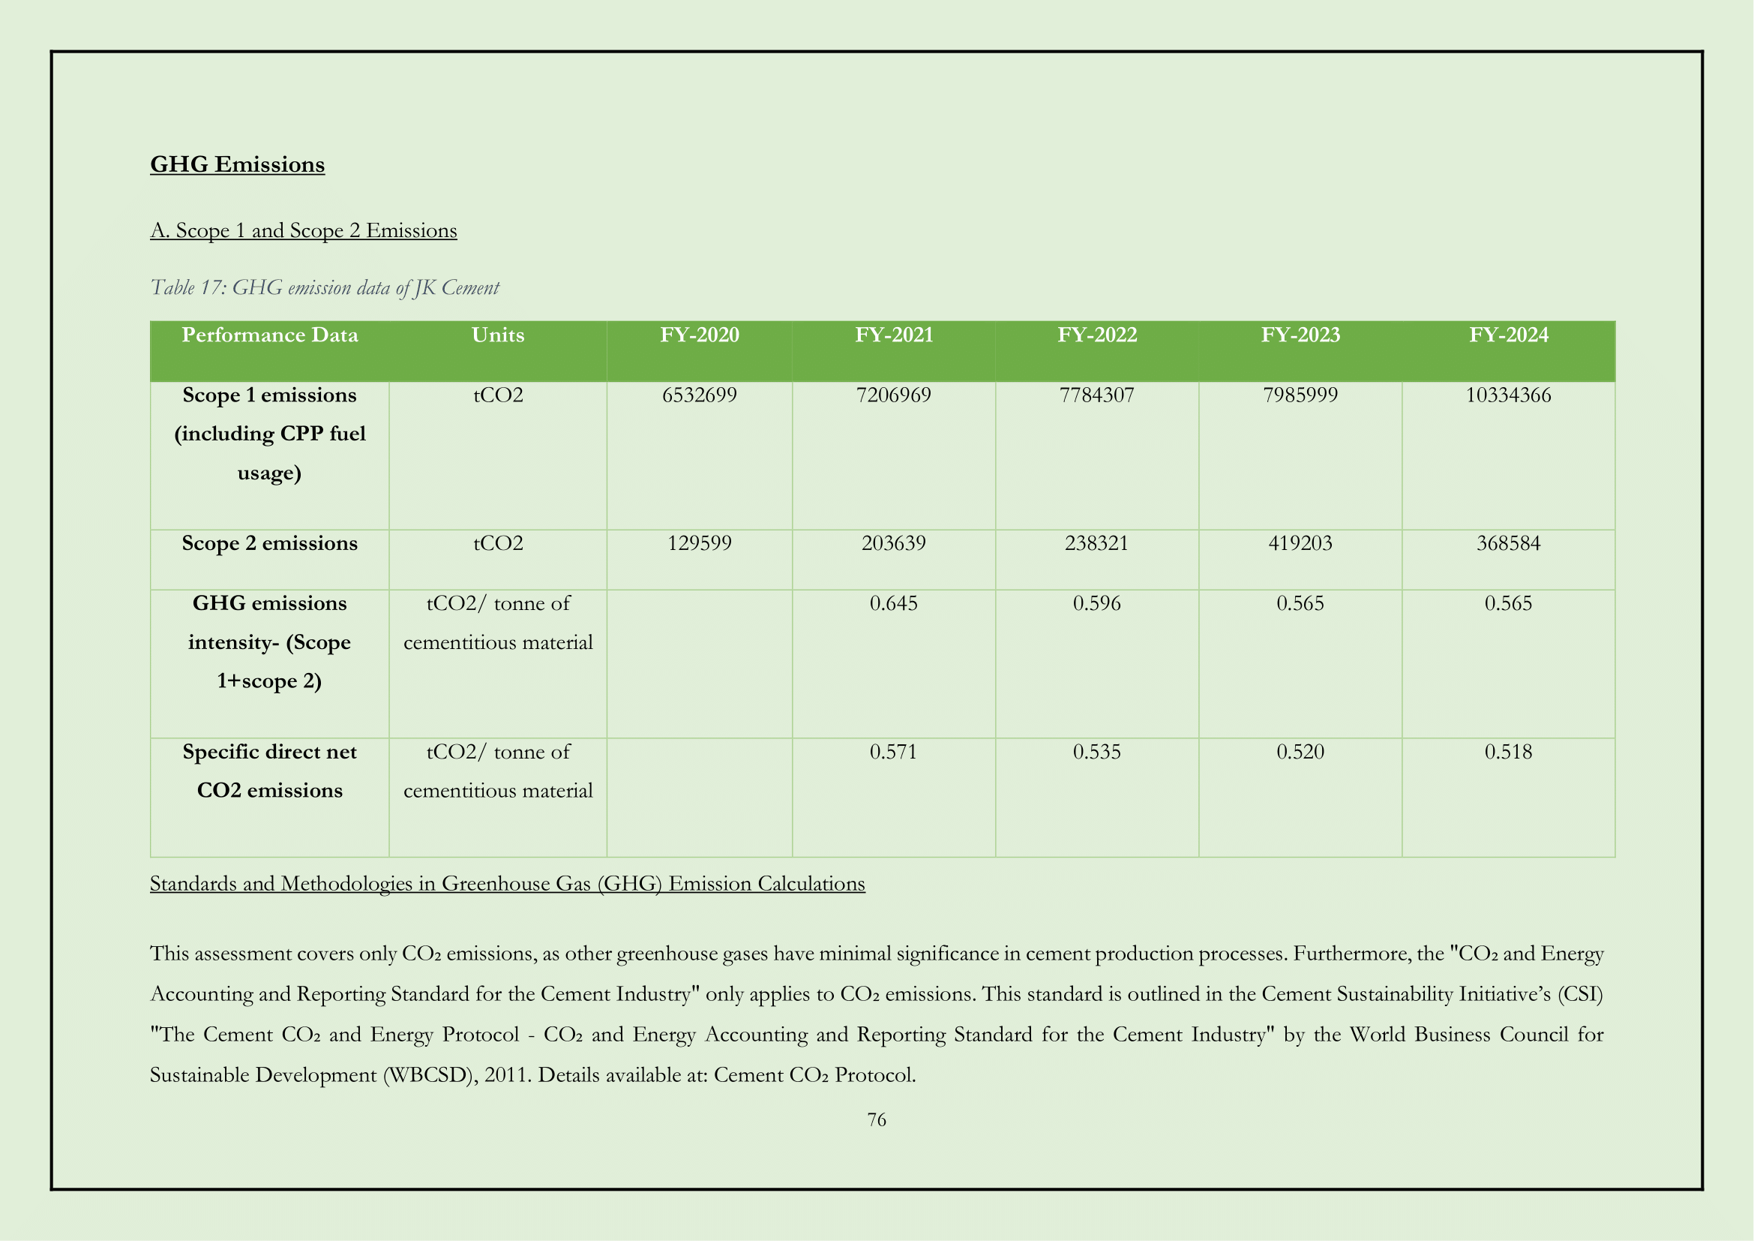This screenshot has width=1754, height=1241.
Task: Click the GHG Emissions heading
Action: click(x=237, y=164)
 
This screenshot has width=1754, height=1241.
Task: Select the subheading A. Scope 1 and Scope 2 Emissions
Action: click(x=303, y=230)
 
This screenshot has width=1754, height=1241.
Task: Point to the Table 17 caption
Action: click(x=325, y=287)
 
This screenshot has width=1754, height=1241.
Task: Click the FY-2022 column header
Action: click(x=1096, y=335)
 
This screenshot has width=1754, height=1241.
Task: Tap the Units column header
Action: click(x=497, y=335)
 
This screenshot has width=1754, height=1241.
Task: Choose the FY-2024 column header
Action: click(x=1508, y=335)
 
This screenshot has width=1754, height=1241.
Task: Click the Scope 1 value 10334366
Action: click(x=1508, y=395)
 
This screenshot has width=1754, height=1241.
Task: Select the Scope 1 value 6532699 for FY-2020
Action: click(x=699, y=395)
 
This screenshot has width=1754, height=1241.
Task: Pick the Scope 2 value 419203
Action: click(x=1300, y=543)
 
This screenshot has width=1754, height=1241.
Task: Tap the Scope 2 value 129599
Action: click(x=699, y=543)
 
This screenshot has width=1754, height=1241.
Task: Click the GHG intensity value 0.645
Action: click(x=893, y=604)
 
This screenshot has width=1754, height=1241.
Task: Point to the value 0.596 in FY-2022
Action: click(x=1096, y=604)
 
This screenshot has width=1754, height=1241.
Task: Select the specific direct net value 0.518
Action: click(x=1508, y=752)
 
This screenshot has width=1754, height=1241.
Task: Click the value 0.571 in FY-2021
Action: click(x=893, y=752)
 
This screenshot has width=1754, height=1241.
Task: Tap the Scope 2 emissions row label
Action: click(x=269, y=543)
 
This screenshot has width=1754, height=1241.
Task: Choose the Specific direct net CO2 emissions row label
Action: click(x=269, y=771)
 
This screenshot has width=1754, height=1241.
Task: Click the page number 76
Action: click(x=876, y=1119)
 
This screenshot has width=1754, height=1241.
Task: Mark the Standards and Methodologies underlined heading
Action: click(x=507, y=883)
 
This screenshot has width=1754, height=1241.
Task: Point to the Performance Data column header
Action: click(x=269, y=335)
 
